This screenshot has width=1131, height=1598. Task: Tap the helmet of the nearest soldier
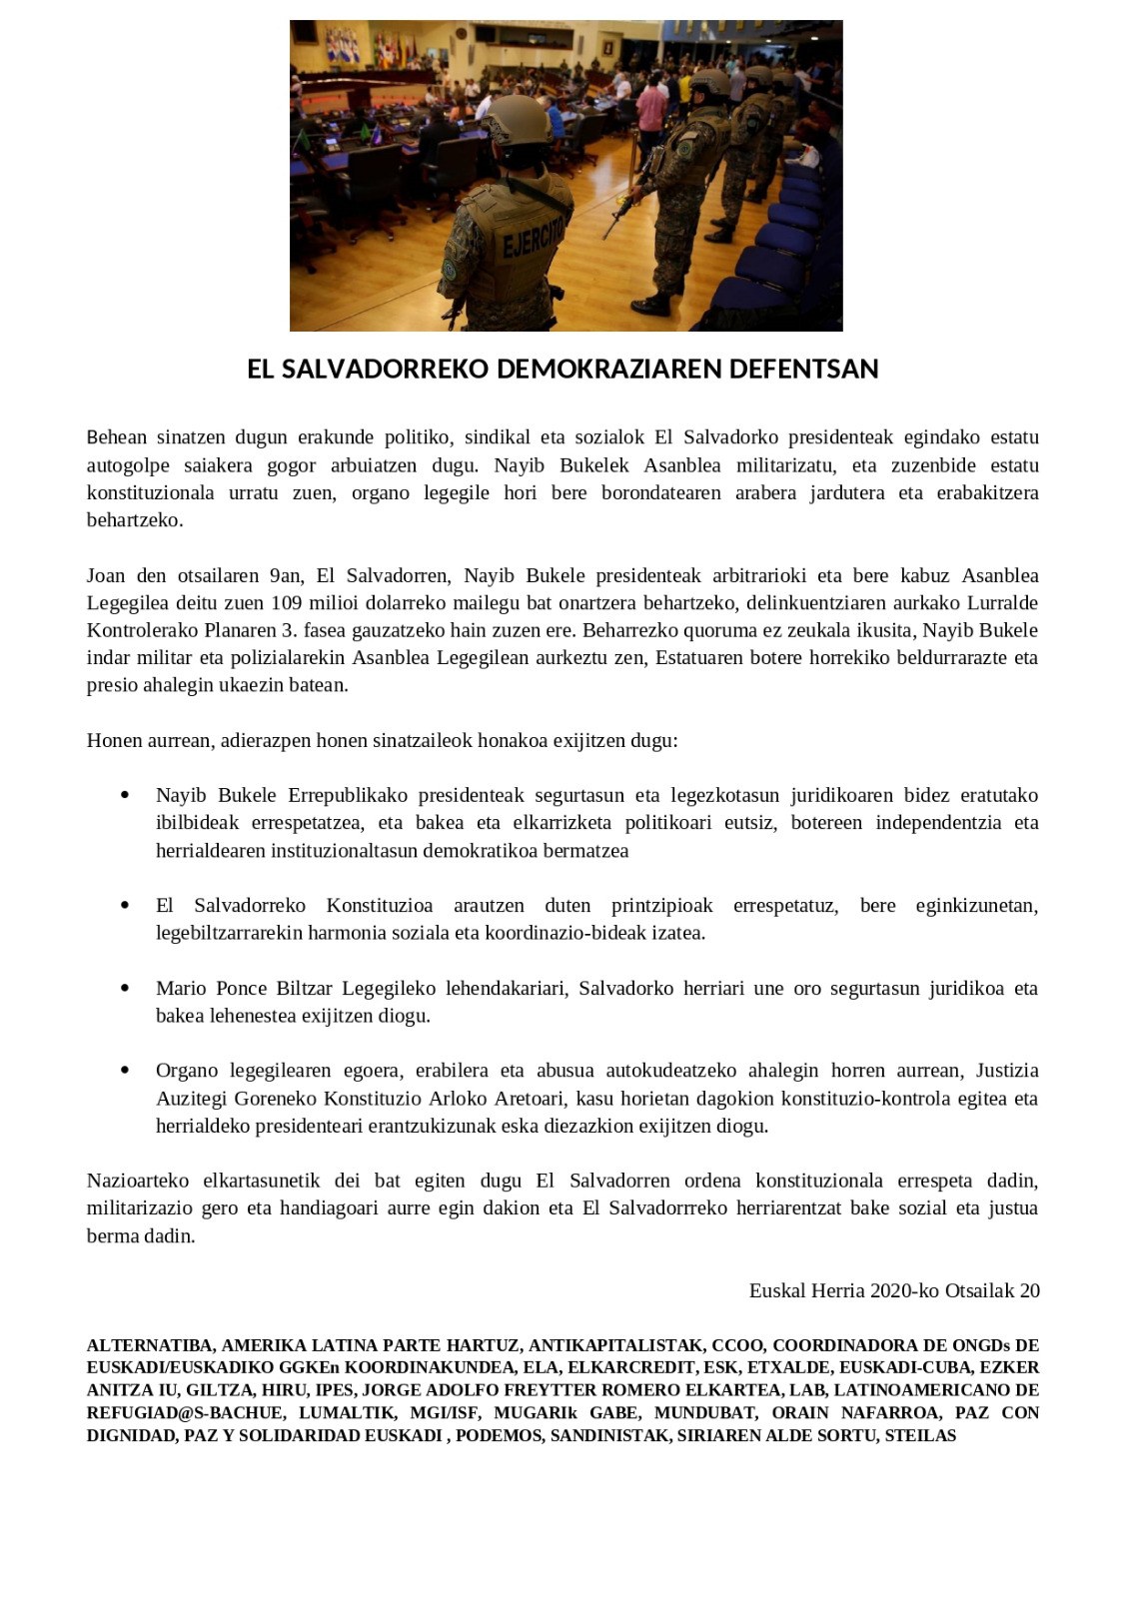(517, 119)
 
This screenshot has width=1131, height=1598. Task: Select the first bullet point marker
(125, 796)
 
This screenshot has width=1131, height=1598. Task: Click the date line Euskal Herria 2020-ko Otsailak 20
(893, 1290)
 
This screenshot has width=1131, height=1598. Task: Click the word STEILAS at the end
(920, 1436)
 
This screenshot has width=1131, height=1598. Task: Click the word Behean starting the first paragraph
(117, 437)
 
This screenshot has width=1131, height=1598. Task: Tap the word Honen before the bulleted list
(113, 741)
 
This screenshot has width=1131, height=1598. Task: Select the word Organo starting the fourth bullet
(186, 1071)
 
